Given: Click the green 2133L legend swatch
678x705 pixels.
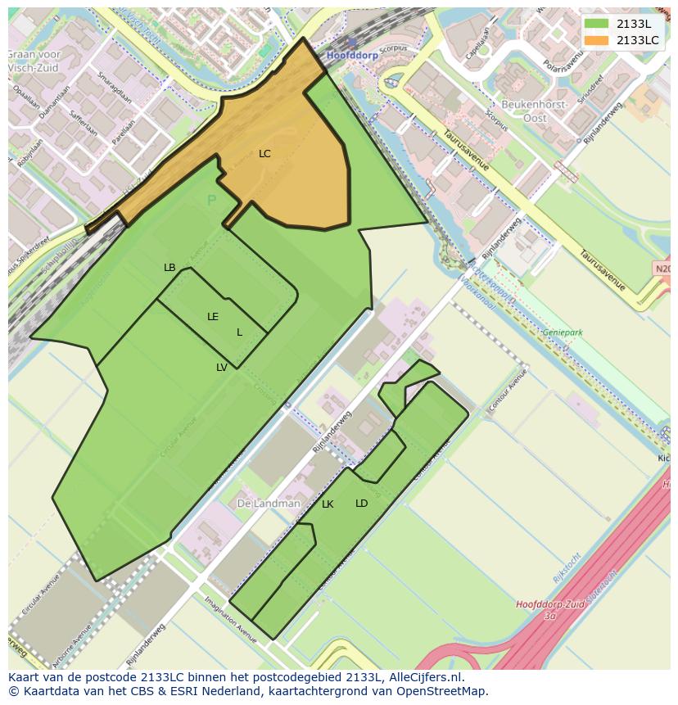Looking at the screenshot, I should click(596, 24).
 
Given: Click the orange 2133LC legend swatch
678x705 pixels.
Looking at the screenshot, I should click(596, 40).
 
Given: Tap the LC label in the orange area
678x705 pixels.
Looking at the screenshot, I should click(264, 154).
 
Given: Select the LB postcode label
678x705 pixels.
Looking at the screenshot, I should click(169, 268).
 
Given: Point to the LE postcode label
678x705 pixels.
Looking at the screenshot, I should click(213, 317).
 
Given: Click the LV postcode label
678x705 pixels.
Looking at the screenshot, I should click(222, 368).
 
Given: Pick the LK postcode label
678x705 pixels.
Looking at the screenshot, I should click(328, 504).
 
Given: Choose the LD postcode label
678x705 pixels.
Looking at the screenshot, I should click(361, 504).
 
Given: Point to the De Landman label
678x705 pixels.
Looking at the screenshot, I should click(269, 504).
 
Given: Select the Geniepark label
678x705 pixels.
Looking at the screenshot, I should click(562, 333).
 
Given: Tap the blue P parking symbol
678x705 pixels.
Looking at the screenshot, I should click(211, 201).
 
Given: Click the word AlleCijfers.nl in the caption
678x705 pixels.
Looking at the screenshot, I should click(425, 677).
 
